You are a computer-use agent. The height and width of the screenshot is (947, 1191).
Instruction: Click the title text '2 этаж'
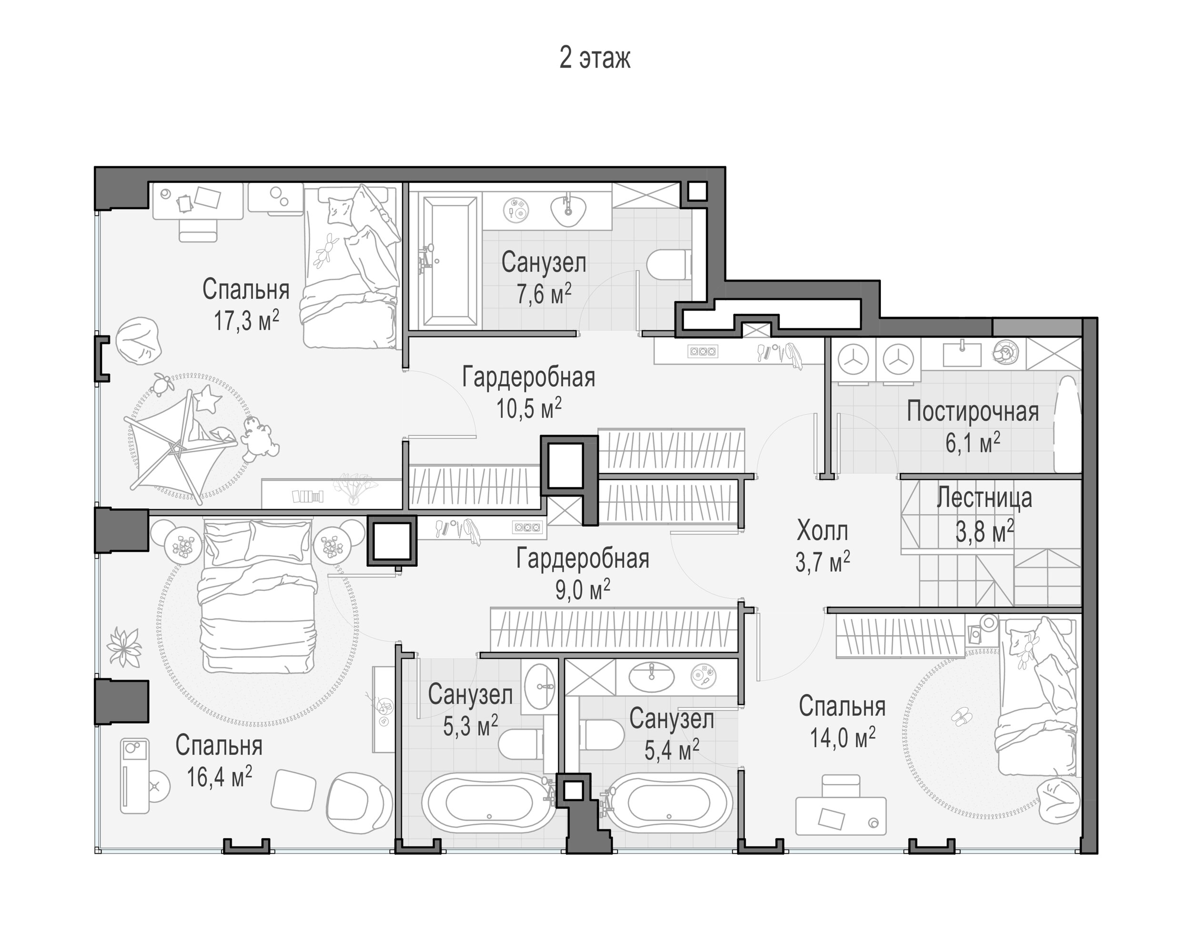click(x=595, y=58)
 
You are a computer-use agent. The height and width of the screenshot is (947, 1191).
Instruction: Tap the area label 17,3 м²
click(x=246, y=320)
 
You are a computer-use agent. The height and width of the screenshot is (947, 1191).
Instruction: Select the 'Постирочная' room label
click(x=972, y=412)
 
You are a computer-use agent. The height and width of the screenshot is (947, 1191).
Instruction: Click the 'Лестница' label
click(x=984, y=498)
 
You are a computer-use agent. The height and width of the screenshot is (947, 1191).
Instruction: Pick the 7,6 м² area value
click(x=544, y=294)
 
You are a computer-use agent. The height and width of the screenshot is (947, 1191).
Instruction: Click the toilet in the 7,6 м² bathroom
click(x=668, y=265)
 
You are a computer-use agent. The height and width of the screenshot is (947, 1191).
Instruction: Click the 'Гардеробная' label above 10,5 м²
click(x=529, y=377)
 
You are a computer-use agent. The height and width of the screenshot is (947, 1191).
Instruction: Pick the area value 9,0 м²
click(x=582, y=590)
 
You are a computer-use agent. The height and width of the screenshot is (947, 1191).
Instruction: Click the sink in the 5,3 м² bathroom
click(x=540, y=686)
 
